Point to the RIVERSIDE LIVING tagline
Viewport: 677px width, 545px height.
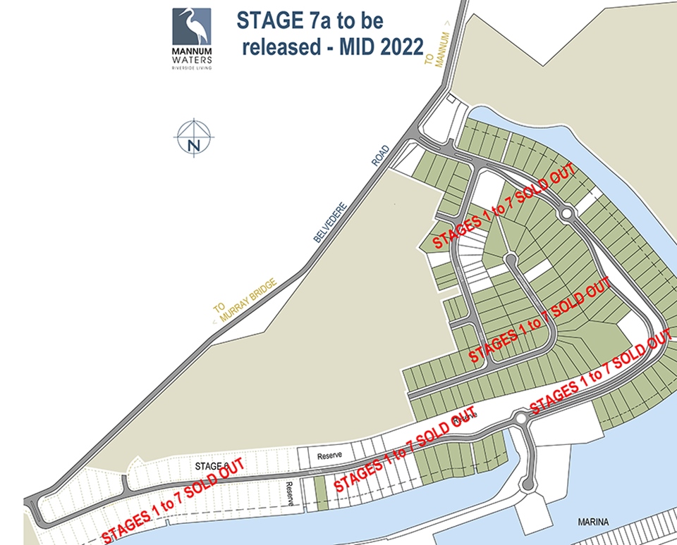192,68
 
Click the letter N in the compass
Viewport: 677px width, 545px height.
194,146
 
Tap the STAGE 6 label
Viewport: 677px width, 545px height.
212,466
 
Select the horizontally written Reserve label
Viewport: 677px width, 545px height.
329,456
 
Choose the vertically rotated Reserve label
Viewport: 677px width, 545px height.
289,494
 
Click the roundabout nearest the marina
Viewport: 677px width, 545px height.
520,420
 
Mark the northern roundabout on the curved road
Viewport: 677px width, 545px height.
566,213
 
